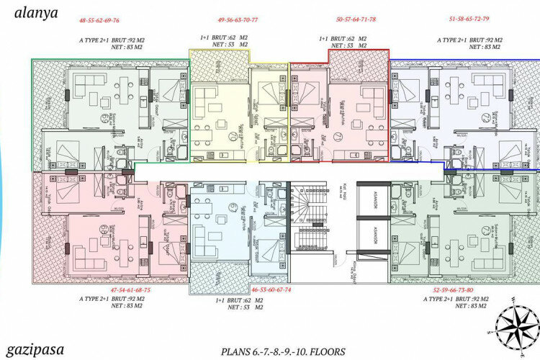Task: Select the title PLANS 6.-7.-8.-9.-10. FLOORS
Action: [x=284, y=351]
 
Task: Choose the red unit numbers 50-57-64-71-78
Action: [x=356, y=20]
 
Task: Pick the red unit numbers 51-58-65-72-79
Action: [x=468, y=20]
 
